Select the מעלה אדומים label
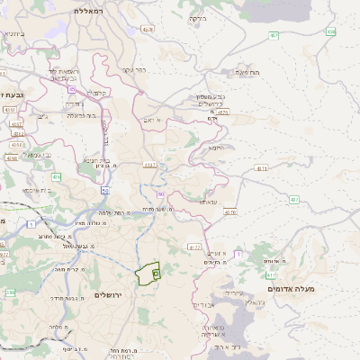tap(317, 288)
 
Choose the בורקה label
tap(197, 17)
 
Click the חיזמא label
tap(216, 147)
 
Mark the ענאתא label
tap(209, 202)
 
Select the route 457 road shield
tap(273, 35)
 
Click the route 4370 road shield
tap(229, 213)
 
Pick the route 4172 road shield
tap(194, 246)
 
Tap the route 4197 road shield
tap(149, 166)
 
